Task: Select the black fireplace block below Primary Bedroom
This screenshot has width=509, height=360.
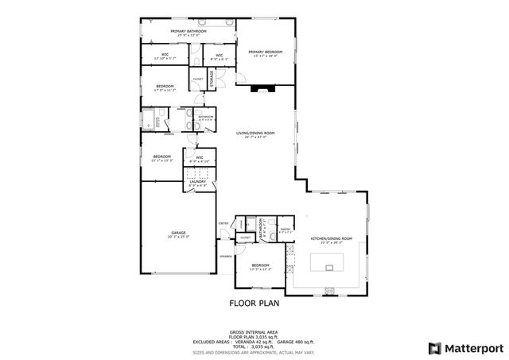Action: [x=259, y=89]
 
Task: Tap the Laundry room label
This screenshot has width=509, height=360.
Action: [x=198, y=183]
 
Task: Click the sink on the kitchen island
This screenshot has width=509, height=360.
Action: [x=329, y=269]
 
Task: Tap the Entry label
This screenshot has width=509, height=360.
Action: [x=223, y=224]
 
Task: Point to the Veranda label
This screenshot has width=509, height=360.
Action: [x=226, y=257]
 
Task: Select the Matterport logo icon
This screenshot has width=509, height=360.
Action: [x=433, y=347]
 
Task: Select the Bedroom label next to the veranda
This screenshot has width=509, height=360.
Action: [x=261, y=266]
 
